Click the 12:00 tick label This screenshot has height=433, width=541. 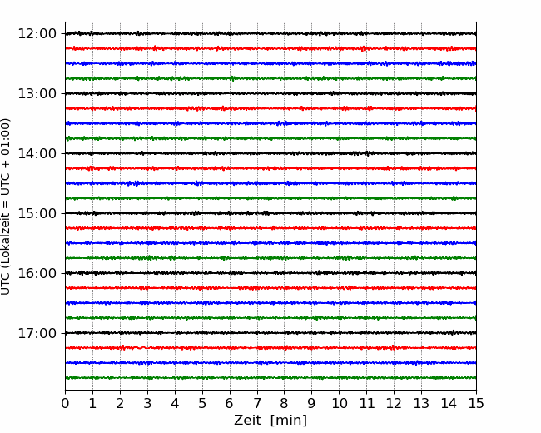(37, 34)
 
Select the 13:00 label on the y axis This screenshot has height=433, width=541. (37, 93)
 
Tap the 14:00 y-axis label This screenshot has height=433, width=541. (37, 153)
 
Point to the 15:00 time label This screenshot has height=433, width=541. (37, 213)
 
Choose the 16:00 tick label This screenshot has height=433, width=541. (37, 273)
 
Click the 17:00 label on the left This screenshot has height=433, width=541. (37, 333)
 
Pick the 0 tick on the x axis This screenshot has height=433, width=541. (65, 403)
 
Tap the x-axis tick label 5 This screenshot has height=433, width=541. (202, 403)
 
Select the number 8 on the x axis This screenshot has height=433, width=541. (285, 403)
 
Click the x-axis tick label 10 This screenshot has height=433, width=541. (339, 403)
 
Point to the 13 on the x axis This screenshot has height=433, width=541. (421, 403)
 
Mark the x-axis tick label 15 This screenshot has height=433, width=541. (476, 403)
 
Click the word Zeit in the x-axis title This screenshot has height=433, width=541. (247, 420)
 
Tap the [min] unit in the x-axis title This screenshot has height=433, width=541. (289, 421)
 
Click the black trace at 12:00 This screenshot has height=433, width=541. (270, 33)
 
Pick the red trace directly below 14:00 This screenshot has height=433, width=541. (270, 168)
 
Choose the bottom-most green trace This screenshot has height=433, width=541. (270, 378)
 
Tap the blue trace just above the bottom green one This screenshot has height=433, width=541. (270, 363)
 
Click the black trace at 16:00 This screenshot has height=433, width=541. (270, 273)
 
